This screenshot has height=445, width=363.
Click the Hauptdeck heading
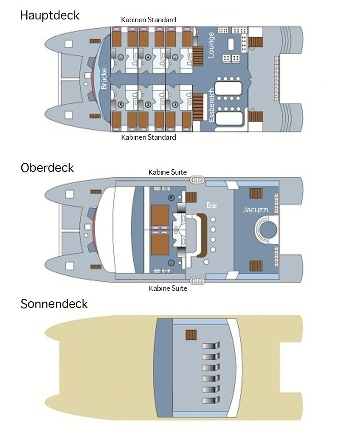(x=50, y=15)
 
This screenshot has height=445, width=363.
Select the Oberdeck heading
(x=47, y=167)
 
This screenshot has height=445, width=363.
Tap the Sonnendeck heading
(x=54, y=303)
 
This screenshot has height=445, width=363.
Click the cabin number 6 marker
(x=120, y=58)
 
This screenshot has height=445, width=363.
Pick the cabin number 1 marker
(x=175, y=104)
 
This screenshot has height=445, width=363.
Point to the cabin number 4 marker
(x=148, y=58)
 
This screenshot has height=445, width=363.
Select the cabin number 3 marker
(x=147, y=104)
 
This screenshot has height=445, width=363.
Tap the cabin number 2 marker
(x=175, y=58)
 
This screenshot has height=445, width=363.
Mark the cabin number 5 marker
(x=120, y=104)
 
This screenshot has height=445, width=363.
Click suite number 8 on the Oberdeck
(x=171, y=198)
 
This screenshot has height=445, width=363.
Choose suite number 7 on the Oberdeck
(x=171, y=263)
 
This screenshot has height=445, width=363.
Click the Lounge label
(x=211, y=44)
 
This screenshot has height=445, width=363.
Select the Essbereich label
(x=211, y=105)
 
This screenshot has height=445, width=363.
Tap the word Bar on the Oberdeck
(x=212, y=205)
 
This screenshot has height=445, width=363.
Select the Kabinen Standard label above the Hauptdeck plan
(x=148, y=20)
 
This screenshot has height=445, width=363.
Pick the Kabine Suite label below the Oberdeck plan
(x=168, y=288)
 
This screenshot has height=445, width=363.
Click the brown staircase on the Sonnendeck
(x=191, y=335)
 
